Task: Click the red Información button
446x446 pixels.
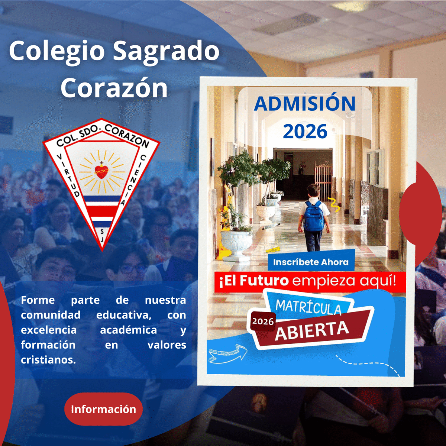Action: click(x=103, y=409)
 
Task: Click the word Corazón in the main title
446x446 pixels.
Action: click(x=114, y=88)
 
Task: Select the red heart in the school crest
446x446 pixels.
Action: click(x=101, y=172)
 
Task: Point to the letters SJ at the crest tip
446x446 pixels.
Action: click(x=102, y=235)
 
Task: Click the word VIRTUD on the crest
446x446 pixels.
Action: click(x=68, y=176)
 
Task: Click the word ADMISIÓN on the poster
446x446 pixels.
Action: click(x=305, y=103)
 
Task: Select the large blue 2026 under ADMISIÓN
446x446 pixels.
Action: click(x=305, y=132)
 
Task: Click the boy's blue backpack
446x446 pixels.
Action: click(x=314, y=216)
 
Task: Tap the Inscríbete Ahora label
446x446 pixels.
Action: click(x=311, y=262)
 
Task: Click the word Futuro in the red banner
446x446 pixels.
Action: click(x=264, y=281)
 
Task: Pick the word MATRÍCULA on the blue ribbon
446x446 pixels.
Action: click(x=308, y=307)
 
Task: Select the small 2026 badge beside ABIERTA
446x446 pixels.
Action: click(x=263, y=322)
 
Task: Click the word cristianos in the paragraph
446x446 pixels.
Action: click(x=48, y=360)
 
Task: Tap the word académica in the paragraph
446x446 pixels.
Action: click(x=129, y=330)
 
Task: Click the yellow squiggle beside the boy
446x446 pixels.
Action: click(x=334, y=205)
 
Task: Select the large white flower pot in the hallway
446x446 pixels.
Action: click(x=236, y=245)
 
